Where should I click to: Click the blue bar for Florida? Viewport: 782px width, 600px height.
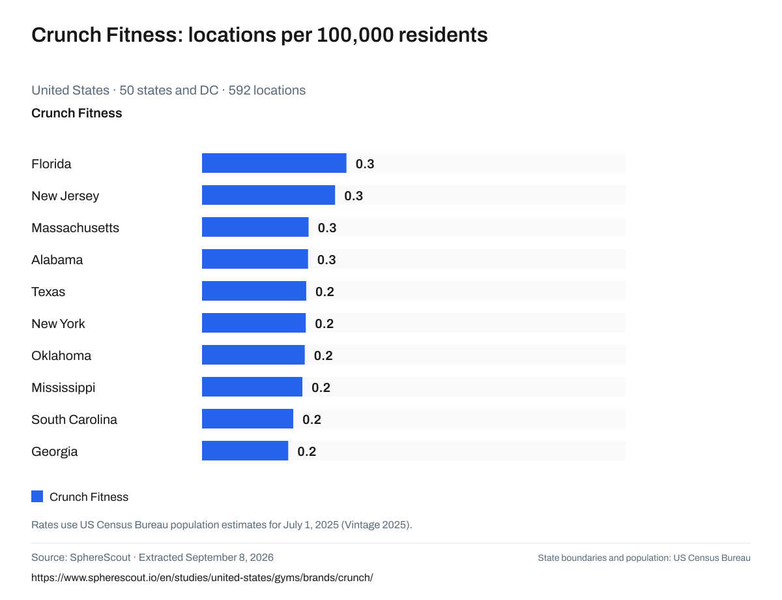[x=274, y=163]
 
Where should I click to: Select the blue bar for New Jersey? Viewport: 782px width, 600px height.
[x=268, y=195]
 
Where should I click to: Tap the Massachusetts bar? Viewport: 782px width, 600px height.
[x=255, y=227]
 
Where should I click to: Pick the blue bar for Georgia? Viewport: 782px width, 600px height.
[x=245, y=451]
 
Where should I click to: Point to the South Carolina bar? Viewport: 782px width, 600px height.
[x=247, y=419]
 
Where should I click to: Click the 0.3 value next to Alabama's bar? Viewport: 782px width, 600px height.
[x=326, y=260]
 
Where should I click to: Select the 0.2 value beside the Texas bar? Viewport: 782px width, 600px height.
[x=325, y=292]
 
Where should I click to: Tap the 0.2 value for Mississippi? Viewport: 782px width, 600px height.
[x=321, y=387]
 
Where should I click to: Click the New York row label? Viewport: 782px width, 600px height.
[x=58, y=323]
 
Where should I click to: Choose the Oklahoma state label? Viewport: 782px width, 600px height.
[x=61, y=356]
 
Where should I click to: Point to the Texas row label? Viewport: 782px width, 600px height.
[x=48, y=292]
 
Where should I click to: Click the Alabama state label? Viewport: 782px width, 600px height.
[x=57, y=260]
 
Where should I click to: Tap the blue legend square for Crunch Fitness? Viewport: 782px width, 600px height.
[x=37, y=496]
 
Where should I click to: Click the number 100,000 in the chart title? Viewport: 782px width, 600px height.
[x=355, y=35]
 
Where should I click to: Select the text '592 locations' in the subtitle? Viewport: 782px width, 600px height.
[x=267, y=90]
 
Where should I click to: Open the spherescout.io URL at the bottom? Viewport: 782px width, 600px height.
[x=202, y=578]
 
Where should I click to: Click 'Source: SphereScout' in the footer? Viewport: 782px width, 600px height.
[x=81, y=558]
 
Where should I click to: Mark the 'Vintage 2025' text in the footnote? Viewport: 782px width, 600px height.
[x=377, y=525]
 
